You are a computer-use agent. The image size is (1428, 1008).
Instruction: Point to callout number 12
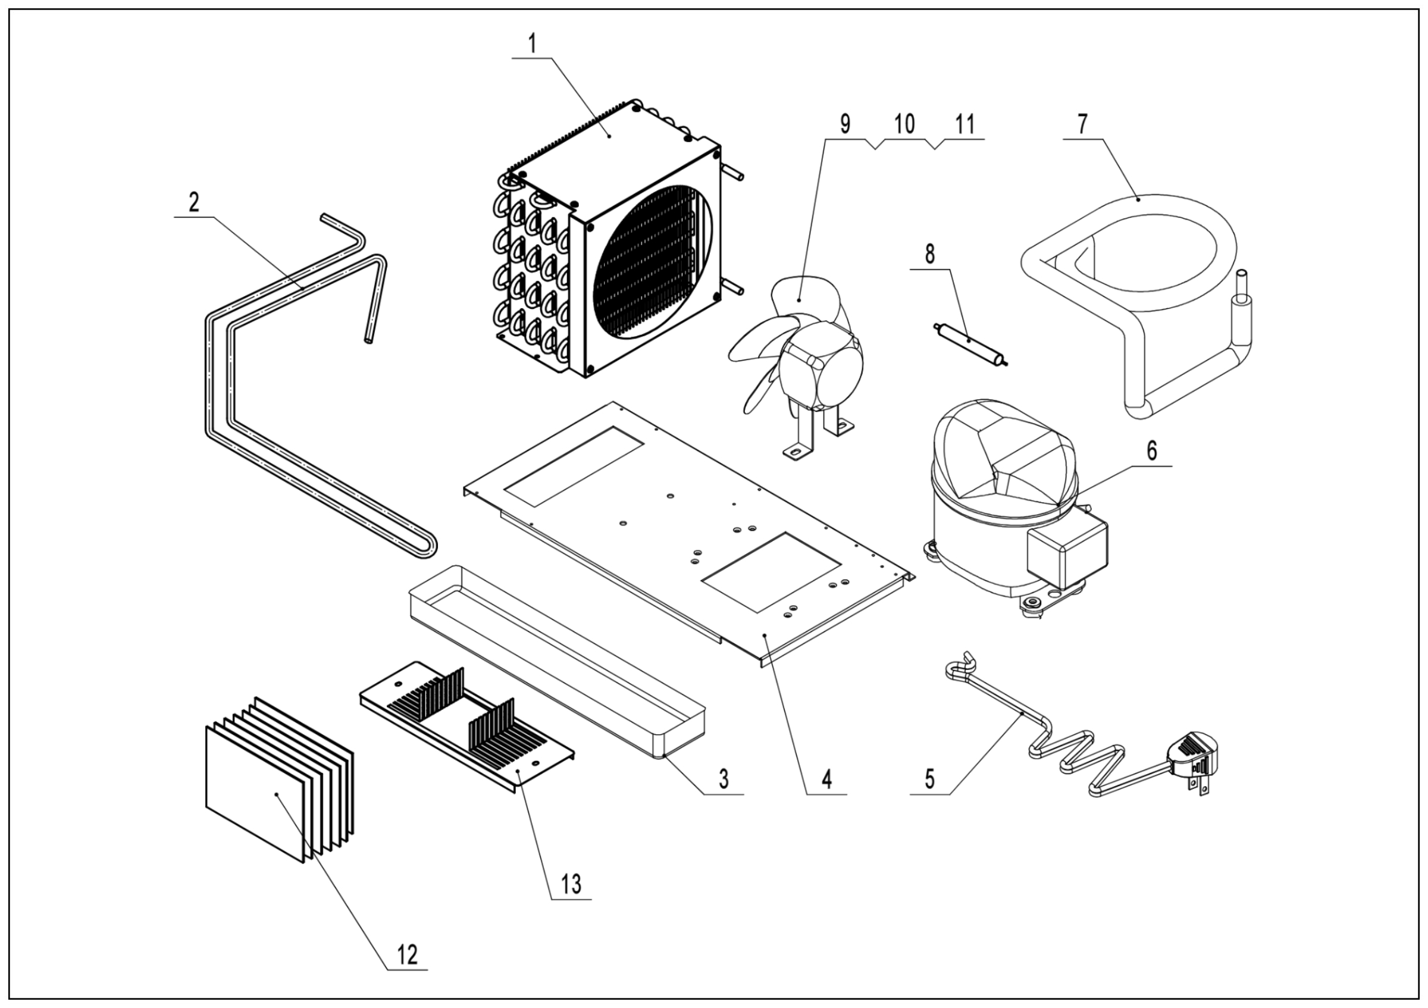(x=408, y=971)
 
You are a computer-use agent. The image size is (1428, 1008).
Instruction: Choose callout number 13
(x=571, y=883)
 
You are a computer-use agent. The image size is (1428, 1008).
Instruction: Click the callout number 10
(x=905, y=124)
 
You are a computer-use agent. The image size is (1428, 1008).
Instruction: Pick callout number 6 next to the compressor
(x=1152, y=450)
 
